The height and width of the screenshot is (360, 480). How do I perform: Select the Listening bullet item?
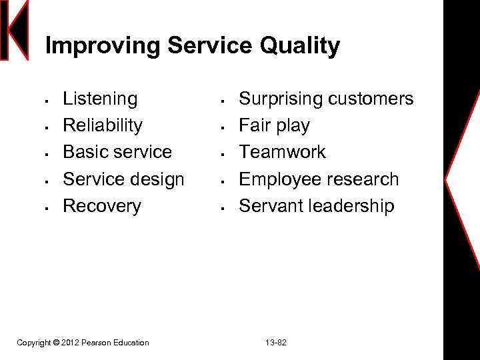100,99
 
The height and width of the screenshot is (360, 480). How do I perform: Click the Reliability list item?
103,126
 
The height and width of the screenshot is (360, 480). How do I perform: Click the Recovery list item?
102,206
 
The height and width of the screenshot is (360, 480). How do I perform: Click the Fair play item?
274,126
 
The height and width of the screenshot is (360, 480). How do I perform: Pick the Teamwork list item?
282,152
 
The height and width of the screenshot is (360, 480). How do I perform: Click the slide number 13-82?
275,343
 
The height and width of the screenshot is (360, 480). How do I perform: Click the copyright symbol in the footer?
55,343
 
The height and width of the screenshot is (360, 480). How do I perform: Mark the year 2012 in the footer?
70,343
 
